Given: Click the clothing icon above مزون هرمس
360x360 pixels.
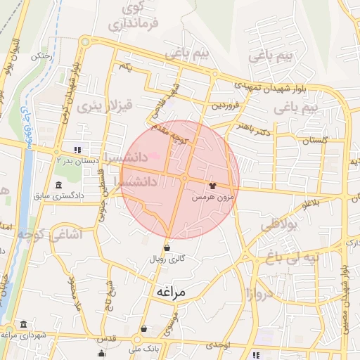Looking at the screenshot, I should [212, 185].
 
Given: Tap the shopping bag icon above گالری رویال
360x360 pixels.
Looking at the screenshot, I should [167, 247].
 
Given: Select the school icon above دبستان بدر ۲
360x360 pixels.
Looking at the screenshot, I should [77, 149].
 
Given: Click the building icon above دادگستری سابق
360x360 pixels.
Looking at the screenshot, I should [57, 185].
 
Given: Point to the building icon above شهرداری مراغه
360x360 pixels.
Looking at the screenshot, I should [24, 324].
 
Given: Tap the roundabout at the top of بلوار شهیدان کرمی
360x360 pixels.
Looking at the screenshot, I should [85, 41].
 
